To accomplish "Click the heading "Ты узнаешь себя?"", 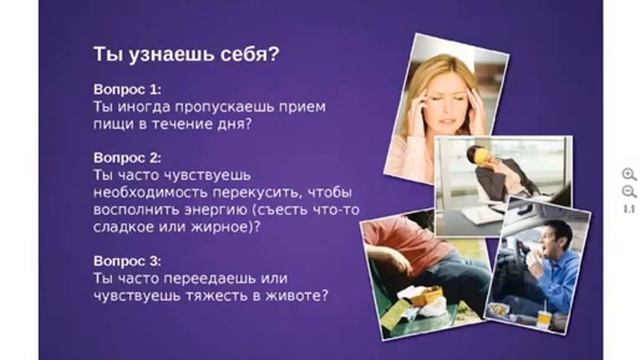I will pyautogui.click(x=185, y=53).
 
